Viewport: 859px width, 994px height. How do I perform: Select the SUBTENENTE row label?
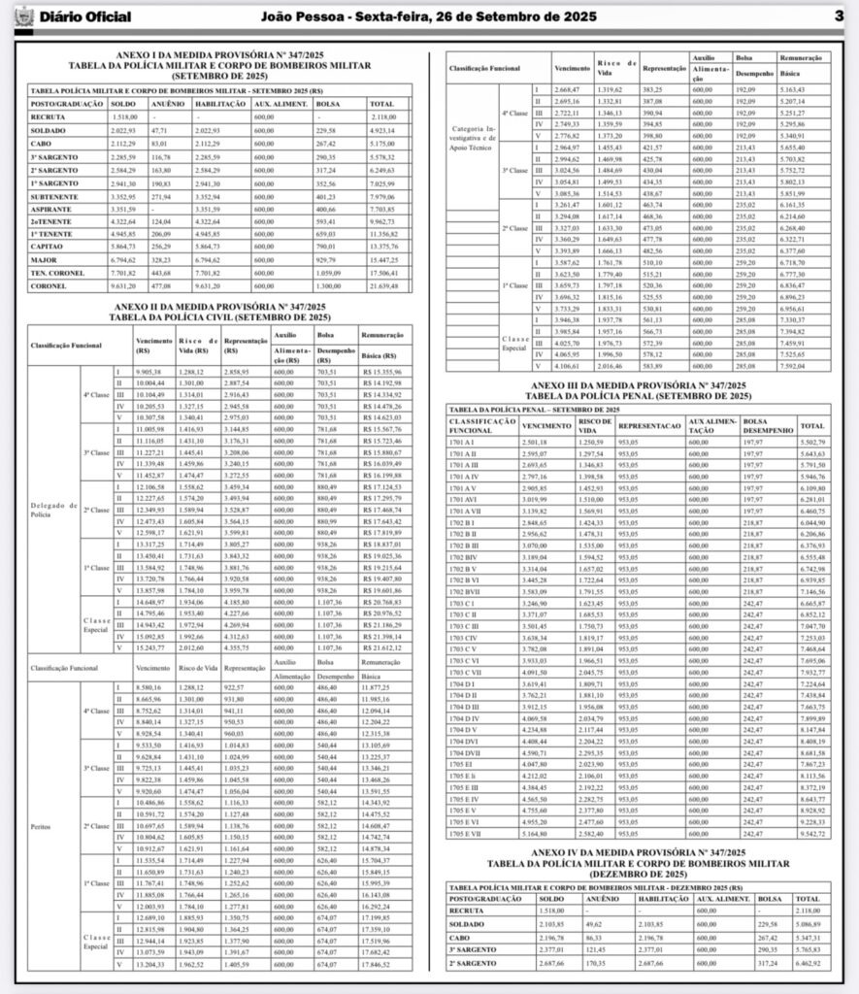pyautogui.click(x=53, y=195)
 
